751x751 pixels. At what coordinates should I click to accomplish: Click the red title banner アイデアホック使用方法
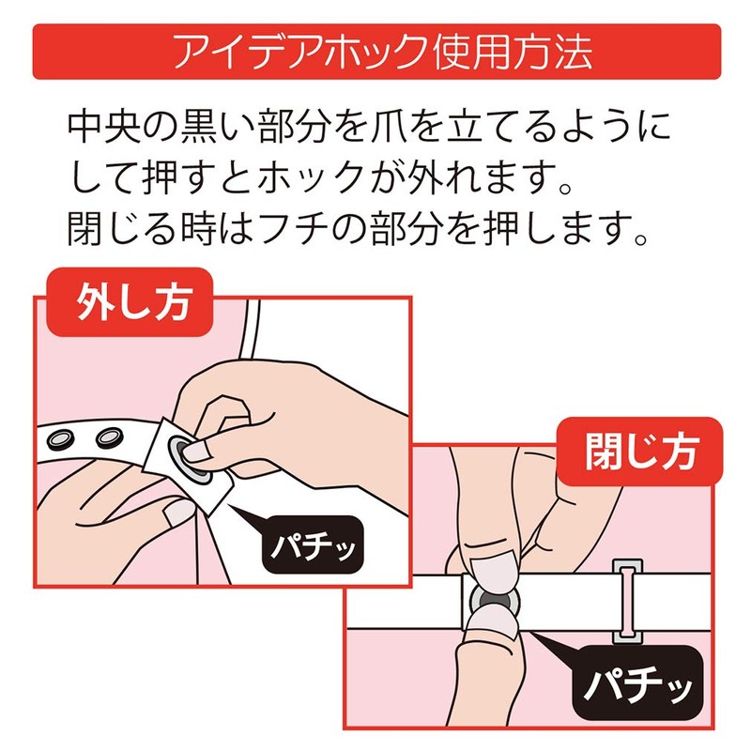pos(376,52)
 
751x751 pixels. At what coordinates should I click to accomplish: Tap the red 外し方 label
pos(130,301)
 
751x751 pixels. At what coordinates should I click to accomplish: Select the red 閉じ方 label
pos(640,452)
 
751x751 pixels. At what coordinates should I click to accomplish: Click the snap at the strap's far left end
pos(59,439)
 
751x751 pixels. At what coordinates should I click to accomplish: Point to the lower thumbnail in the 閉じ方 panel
pos(494,623)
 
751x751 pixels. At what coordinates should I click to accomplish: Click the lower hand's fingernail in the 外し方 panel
pos(179,513)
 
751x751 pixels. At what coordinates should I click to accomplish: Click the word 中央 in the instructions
pos(103,127)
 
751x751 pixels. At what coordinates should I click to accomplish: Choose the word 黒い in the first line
pos(215,127)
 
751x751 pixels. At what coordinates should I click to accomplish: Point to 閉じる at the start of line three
pos(122,229)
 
